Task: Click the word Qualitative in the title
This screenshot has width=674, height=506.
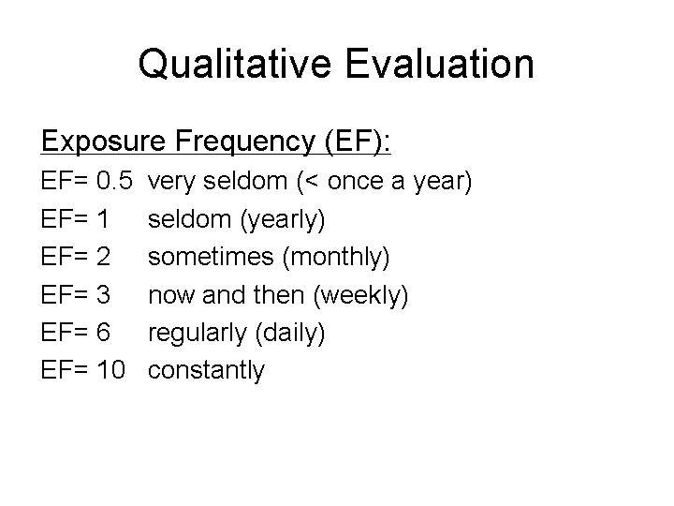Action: click(x=235, y=64)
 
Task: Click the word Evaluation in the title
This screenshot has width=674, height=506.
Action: click(x=440, y=64)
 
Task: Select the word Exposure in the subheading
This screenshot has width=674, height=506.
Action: click(x=103, y=141)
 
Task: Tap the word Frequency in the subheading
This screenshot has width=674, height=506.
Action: click(x=245, y=141)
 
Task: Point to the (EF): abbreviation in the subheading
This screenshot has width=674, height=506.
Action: click(x=358, y=141)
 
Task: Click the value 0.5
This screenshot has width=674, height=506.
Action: click(x=115, y=180)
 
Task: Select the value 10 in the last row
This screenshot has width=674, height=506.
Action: click(x=110, y=369)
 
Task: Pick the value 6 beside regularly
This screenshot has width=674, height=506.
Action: click(x=103, y=332)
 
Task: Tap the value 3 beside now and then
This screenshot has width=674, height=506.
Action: click(x=103, y=294)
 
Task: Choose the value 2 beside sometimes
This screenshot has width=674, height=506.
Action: click(x=103, y=257)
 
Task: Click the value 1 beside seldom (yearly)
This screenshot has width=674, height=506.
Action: click(x=103, y=218)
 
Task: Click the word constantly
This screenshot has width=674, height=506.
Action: click(x=206, y=371)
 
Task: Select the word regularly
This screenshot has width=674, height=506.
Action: click(x=197, y=334)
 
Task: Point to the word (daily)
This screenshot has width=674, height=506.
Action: click(x=290, y=334)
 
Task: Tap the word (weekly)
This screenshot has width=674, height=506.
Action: click(x=361, y=295)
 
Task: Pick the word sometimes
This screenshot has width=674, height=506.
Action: click(x=211, y=257)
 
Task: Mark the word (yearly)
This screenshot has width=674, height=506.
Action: click(x=283, y=220)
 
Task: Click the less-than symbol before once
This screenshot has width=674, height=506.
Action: click(x=313, y=181)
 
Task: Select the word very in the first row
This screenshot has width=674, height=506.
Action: click(x=170, y=183)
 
